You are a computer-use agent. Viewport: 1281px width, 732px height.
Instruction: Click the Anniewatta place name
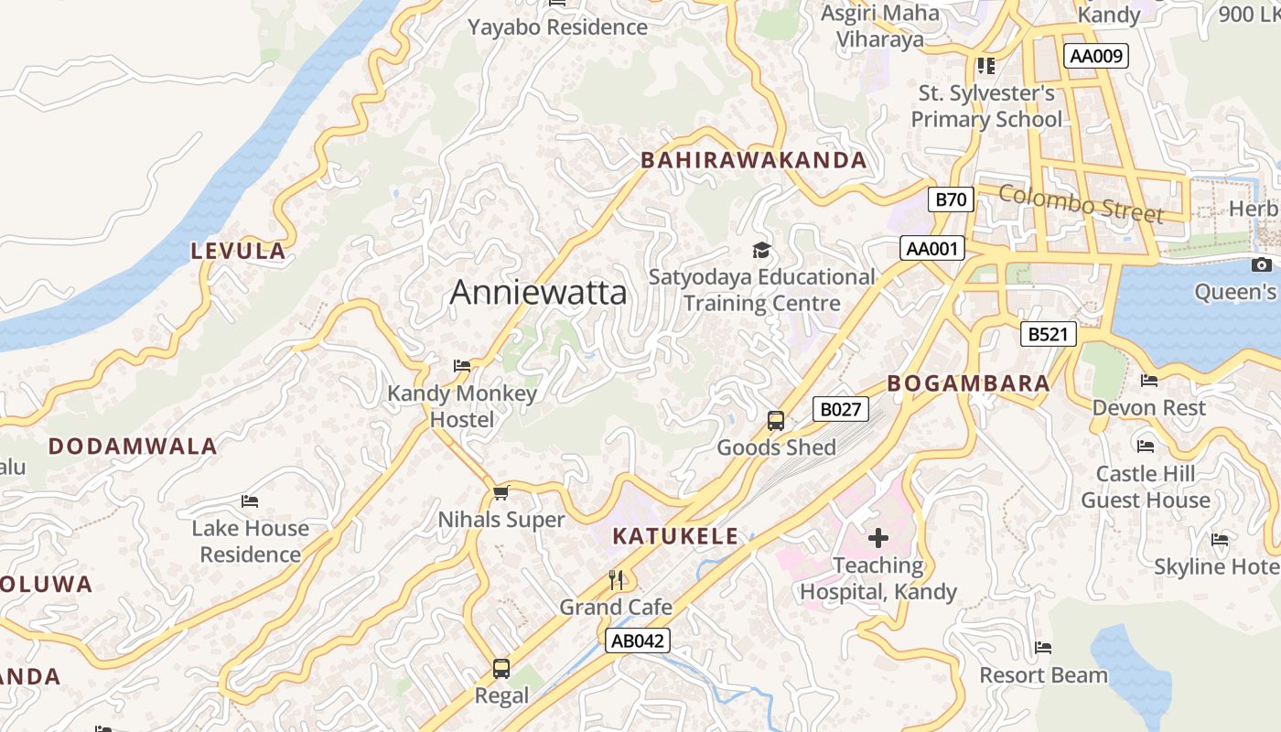coord(538,292)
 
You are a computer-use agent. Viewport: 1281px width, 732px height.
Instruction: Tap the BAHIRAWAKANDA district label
coord(753,160)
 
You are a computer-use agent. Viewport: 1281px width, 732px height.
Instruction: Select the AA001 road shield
coord(931,248)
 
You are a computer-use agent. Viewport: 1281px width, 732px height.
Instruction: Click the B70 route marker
coord(951,199)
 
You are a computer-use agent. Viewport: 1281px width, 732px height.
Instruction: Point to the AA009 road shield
coord(1096,56)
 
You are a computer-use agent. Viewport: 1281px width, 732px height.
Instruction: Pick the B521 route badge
coord(1048,334)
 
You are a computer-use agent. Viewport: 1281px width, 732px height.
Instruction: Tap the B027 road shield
coord(840,409)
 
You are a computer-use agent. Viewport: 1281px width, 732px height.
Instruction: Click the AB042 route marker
coord(637,640)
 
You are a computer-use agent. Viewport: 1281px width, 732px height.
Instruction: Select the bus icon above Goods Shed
coord(776,421)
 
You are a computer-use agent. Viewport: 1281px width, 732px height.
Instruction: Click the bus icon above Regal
coord(501,669)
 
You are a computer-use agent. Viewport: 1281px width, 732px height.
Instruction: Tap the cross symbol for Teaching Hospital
coord(877,538)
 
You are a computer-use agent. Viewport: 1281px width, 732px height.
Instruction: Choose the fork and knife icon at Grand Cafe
coord(616,580)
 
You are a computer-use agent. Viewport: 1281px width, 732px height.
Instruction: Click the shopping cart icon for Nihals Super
coord(501,493)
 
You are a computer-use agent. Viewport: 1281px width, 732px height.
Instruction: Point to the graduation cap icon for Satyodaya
coord(761,250)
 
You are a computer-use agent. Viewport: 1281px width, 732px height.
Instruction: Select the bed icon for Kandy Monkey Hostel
coord(462,366)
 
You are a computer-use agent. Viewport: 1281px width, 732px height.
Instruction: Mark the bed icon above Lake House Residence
coord(250,501)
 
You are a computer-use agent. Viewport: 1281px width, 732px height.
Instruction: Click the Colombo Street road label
coord(1081,203)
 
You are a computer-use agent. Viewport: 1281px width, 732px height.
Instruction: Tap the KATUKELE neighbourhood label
coord(675,536)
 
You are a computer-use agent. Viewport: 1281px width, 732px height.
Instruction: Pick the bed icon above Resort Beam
coord(1043,649)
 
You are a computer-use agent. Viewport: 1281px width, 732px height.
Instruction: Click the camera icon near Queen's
coord(1262,265)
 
